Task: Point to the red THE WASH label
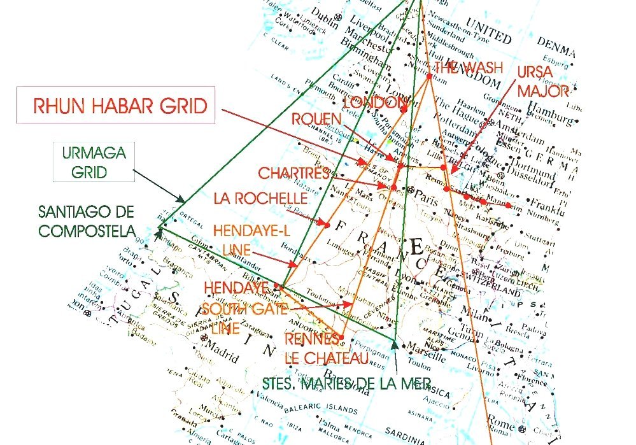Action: (469, 67)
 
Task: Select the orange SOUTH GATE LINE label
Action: (244, 318)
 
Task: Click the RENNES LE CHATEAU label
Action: (327, 350)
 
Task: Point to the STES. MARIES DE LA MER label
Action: (346, 383)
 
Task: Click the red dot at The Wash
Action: (429, 76)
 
